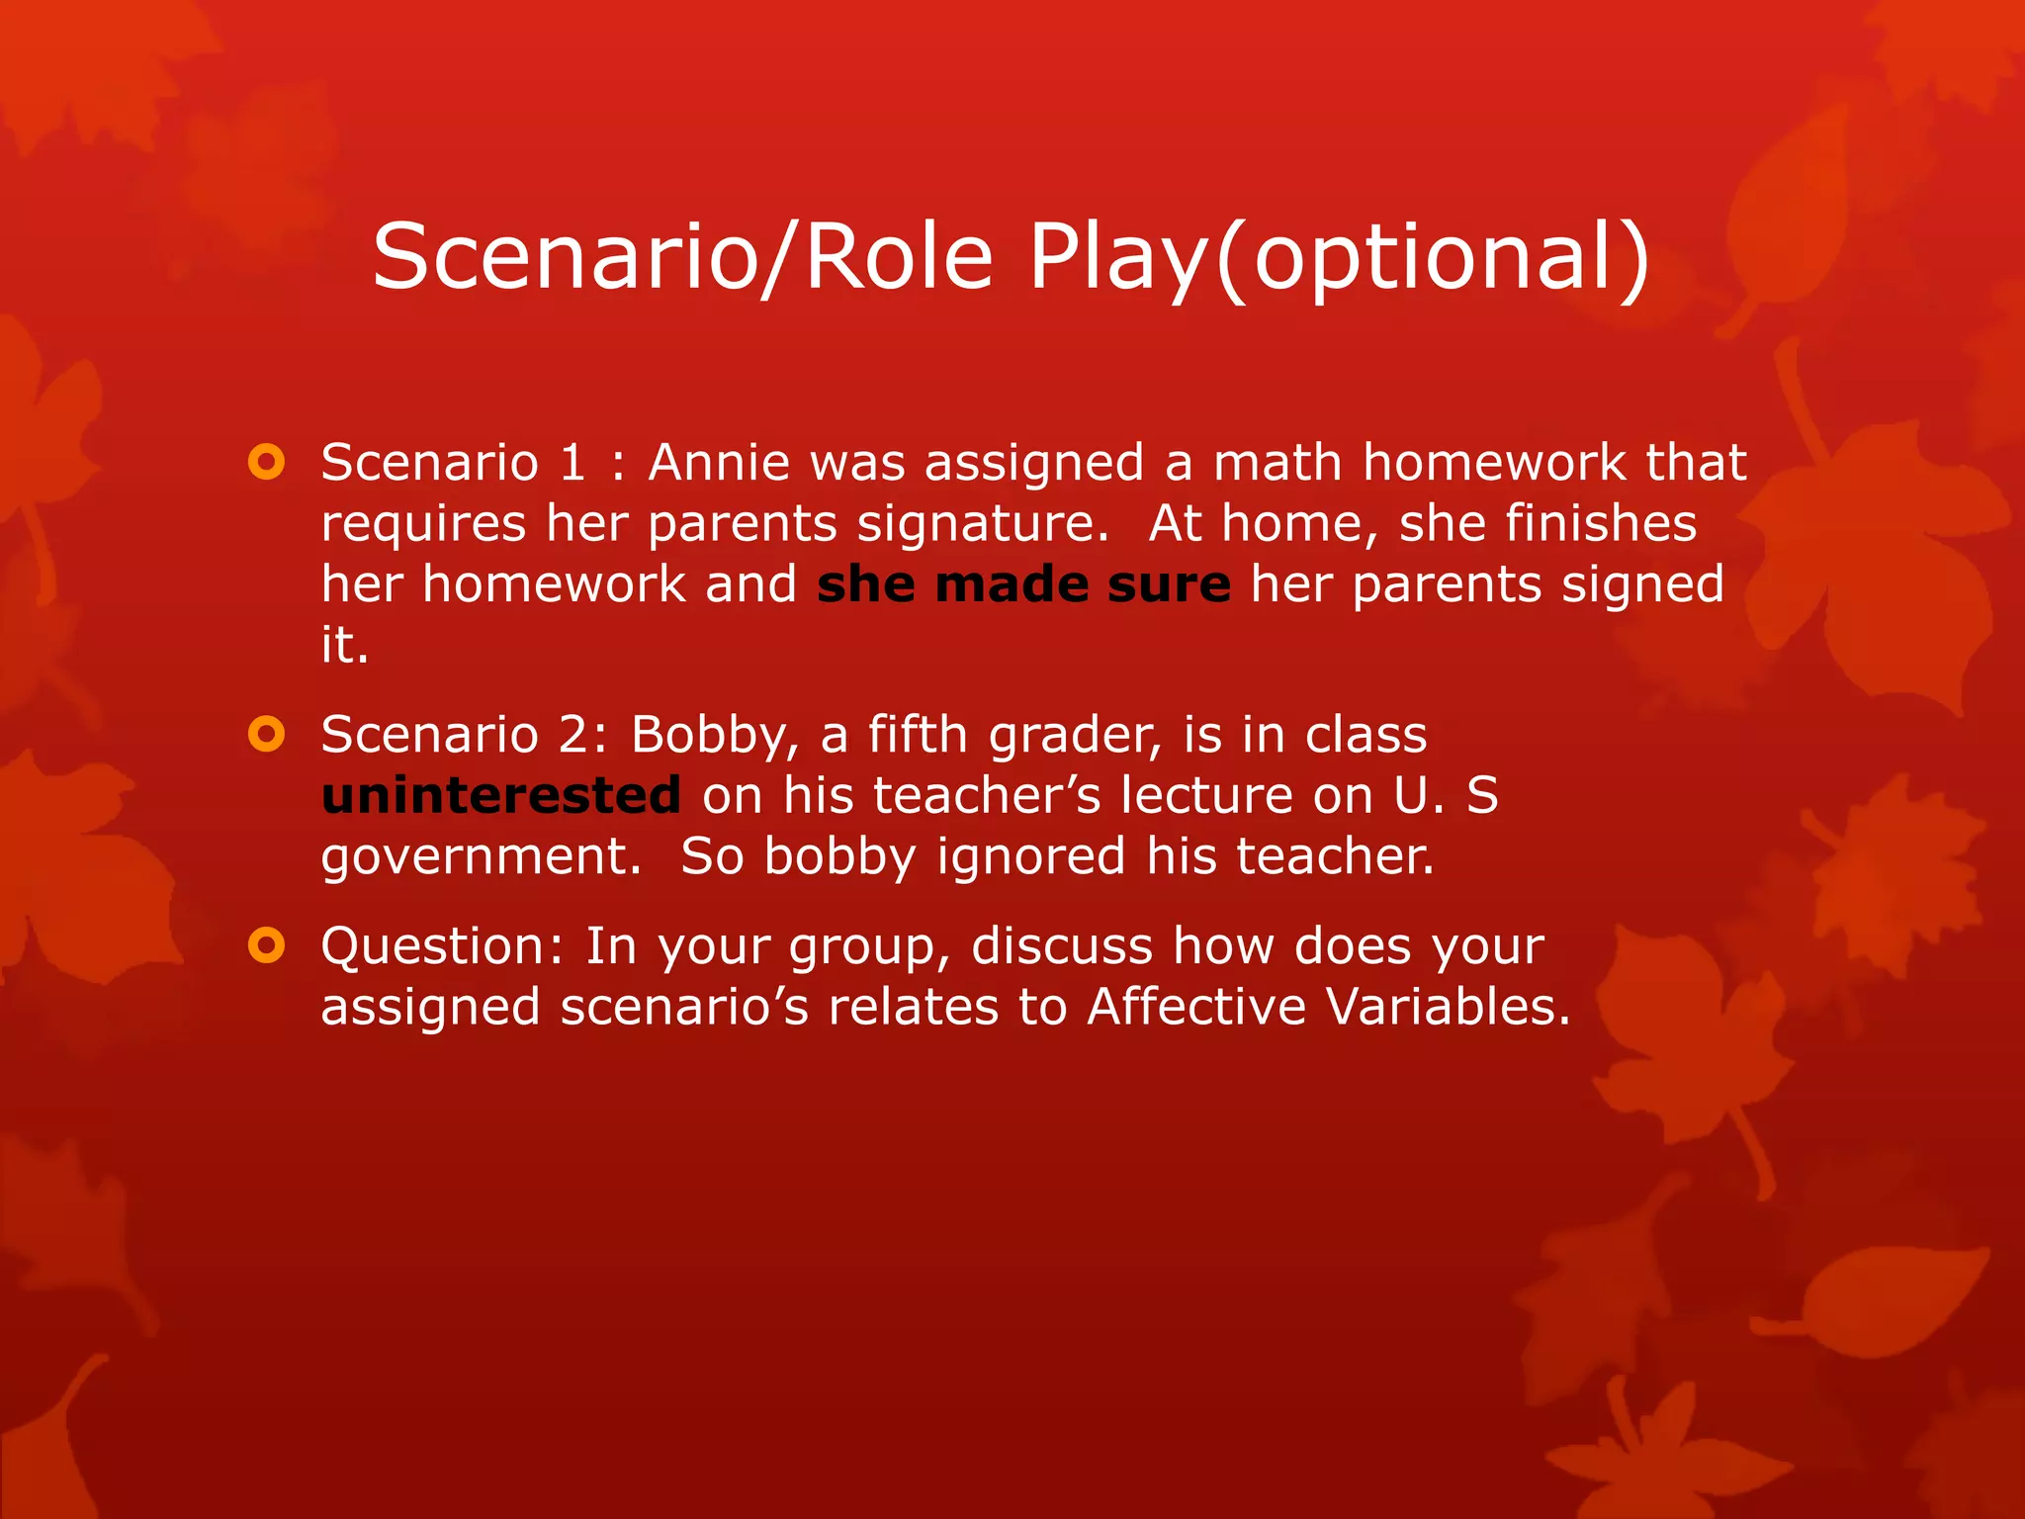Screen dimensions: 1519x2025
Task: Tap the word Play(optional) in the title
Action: click(x=1340, y=256)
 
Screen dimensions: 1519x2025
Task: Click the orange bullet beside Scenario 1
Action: click(x=267, y=462)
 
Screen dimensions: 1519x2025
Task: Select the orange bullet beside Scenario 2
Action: click(x=267, y=734)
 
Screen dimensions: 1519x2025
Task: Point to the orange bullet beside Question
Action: click(x=267, y=945)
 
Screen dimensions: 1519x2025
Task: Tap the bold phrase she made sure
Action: click(x=1023, y=584)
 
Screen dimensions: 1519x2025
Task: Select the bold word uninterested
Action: click(x=501, y=795)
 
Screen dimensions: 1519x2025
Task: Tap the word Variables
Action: click(x=1448, y=1007)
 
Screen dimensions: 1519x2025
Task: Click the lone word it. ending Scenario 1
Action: click(x=344, y=646)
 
